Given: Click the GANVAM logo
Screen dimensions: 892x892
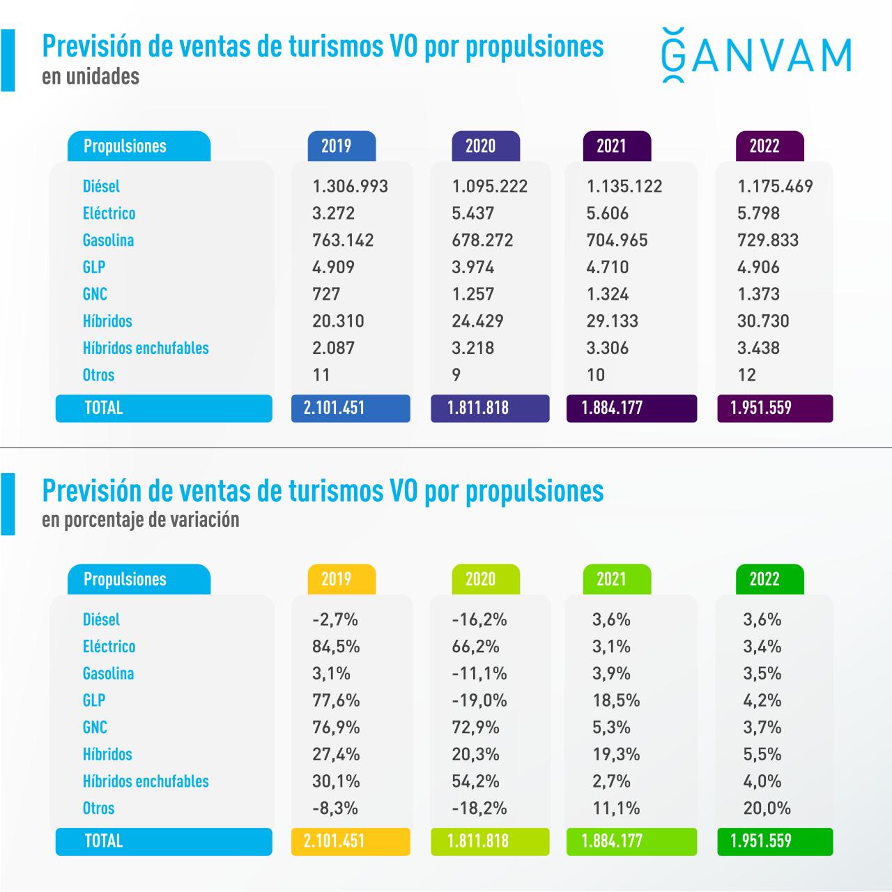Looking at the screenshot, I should (x=755, y=55).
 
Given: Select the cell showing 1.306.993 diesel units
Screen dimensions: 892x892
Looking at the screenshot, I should (x=350, y=187).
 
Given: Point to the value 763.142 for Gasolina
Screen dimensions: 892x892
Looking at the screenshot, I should (x=343, y=240).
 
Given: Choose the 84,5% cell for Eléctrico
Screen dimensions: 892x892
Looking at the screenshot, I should (x=336, y=647).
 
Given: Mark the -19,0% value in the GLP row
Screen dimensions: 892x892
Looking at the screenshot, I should (x=479, y=700).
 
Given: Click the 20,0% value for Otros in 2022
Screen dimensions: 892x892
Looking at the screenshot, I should (x=767, y=808).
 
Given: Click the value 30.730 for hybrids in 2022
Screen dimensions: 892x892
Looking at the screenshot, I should (x=763, y=321).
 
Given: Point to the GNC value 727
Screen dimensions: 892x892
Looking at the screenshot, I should (x=326, y=294).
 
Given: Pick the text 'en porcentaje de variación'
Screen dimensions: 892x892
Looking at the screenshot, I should (x=140, y=520).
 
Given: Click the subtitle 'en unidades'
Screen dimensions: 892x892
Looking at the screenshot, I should (x=91, y=77).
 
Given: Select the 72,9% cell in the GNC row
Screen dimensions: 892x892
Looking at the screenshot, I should (x=475, y=728).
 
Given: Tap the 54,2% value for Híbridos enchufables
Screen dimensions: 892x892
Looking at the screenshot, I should (x=475, y=781).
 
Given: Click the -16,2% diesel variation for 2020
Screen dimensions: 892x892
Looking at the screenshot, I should (x=479, y=620).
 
